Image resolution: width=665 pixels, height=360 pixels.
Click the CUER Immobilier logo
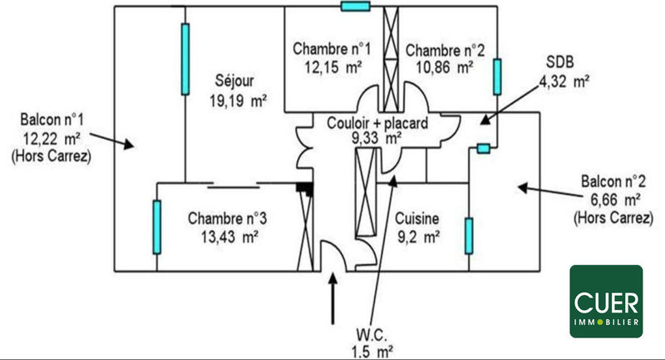pyautogui.click(x=606, y=301)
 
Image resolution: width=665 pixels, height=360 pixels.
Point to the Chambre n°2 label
pyautogui.click(x=440, y=50)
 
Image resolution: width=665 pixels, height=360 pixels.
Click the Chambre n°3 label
pyautogui.click(x=227, y=219)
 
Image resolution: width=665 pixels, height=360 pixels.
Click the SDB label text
pyautogui.click(x=559, y=61)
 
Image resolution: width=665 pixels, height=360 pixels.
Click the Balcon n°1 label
pyautogui.click(x=46, y=121)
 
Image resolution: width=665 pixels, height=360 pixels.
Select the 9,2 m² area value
pyautogui.click(x=417, y=237)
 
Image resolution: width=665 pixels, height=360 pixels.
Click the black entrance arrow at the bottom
pyautogui.click(x=334, y=298)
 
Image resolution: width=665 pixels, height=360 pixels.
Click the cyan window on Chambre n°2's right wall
pyautogui.click(x=496, y=76)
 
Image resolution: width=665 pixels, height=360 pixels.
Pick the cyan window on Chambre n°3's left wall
pyautogui.click(x=155, y=226)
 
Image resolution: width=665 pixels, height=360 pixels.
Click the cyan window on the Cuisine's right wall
pyautogui.click(x=469, y=235)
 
